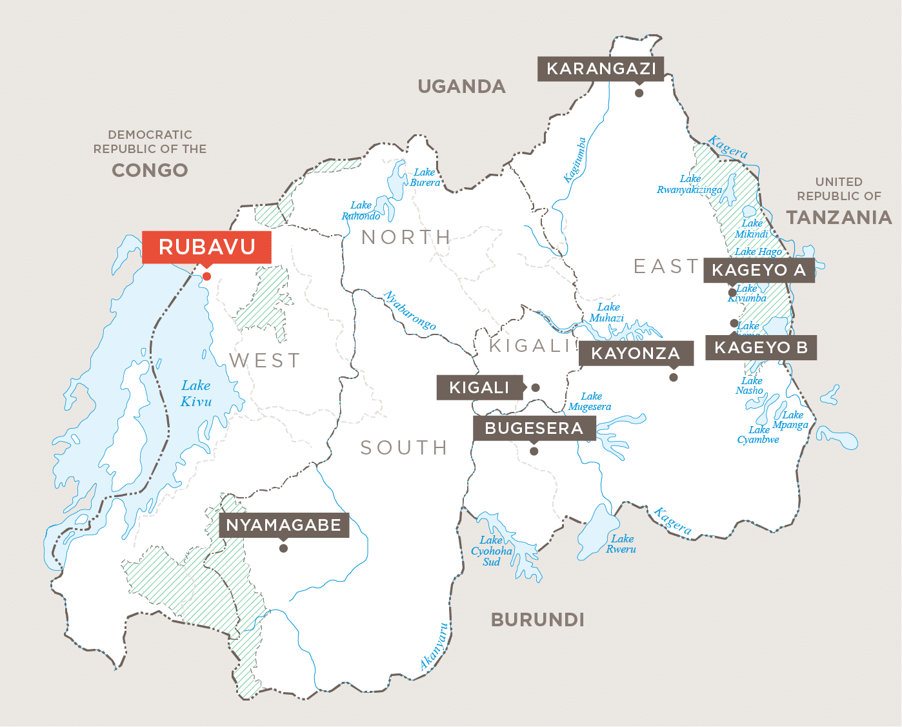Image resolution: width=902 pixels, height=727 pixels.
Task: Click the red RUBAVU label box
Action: click(x=206, y=247)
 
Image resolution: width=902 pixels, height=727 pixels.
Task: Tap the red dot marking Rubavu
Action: click(x=206, y=276)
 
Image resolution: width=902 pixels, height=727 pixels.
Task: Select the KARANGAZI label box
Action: click(x=601, y=68)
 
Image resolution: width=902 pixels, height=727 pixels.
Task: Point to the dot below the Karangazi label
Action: click(x=639, y=93)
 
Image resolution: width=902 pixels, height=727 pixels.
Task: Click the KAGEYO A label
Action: click(x=759, y=270)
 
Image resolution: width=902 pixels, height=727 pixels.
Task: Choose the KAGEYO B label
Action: click(x=761, y=347)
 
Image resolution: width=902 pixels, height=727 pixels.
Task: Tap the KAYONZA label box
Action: click(x=636, y=353)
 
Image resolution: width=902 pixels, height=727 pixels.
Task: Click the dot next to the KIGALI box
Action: click(x=535, y=388)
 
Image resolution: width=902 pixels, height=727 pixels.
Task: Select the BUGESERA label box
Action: click(x=534, y=428)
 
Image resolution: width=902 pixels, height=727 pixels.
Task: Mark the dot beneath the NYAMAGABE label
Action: click(x=283, y=549)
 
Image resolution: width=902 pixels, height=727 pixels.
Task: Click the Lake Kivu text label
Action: click(x=196, y=393)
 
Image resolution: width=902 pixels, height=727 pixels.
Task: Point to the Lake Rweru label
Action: click(x=621, y=544)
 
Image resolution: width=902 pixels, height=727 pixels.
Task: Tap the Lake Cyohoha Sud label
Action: click(x=492, y=551)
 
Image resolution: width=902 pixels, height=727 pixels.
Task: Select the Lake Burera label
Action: click(x=425, y=177)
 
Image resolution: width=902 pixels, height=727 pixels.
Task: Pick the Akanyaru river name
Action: click(x=434, y=646)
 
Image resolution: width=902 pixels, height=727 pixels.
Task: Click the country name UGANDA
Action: click(x=461, y=87)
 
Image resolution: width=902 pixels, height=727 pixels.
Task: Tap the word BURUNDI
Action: click(x=537, y=620)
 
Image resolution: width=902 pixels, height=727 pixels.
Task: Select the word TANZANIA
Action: click(x=839, y=218)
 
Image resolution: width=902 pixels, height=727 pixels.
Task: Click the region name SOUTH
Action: click(x=404, y=447)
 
